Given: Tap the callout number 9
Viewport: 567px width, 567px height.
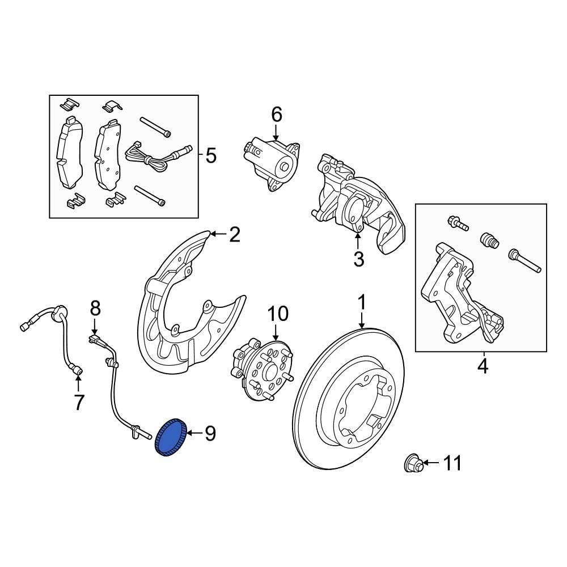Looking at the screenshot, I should click(210, 434).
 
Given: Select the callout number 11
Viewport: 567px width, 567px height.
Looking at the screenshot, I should click(452, 464).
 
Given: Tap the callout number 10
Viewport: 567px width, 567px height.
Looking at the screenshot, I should click(278, 313).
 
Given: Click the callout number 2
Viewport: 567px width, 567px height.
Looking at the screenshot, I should click(235, 234).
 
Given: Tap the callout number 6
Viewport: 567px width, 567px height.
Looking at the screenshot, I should click(276, 115).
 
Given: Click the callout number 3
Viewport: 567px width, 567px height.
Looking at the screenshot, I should click(358, 259).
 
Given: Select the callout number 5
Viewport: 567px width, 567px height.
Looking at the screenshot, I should click(211, 155).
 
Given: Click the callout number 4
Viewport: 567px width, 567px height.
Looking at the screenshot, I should click(482, 366).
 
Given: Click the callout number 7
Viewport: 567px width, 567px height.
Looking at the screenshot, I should click(79, 402).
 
